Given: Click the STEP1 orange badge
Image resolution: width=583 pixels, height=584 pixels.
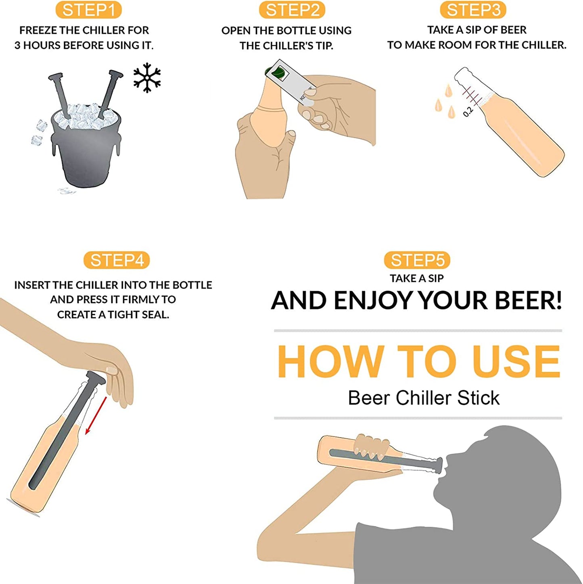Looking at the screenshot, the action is tap(88, 10).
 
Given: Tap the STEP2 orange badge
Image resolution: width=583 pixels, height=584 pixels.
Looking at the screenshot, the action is tap(292, 10).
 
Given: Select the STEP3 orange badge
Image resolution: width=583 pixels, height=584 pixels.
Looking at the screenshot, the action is tap(473, 10).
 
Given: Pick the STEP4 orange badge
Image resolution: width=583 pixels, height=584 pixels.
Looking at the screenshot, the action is tap(117, 260).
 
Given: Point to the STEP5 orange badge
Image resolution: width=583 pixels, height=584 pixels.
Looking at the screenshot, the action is tap(417, 260).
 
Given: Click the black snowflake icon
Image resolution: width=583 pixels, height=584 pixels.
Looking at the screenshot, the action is tap(147, 77).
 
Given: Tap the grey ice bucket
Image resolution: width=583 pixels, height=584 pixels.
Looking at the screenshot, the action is tap(87, 147).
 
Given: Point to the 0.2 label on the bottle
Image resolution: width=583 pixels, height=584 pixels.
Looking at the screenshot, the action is tap(468, 112).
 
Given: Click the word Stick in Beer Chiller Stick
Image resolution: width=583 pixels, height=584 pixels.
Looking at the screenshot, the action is tap(478, 398).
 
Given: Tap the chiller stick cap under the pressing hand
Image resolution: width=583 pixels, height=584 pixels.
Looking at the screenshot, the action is tap(96, 378).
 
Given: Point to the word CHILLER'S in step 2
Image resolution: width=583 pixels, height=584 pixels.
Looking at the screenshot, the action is tap(286, 46).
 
